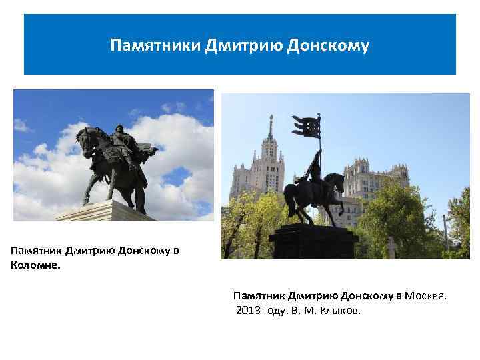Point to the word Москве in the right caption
pos(426,295)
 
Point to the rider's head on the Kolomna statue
pos(119,127)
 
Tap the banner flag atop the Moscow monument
pos(307,125)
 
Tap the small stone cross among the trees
pos(391,247)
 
